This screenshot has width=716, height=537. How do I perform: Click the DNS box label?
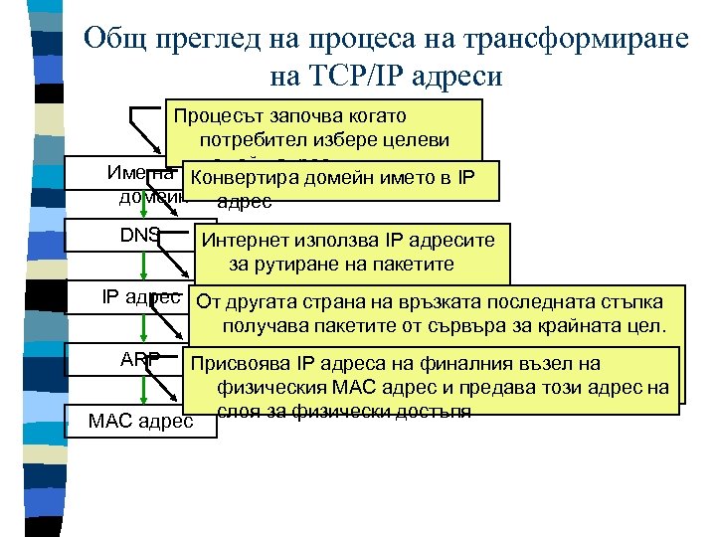pos(139,235)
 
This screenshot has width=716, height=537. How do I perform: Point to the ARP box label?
pos(140,359)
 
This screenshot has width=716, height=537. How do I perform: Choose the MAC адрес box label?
pos(140,421)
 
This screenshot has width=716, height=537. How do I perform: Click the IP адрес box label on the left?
pos(140,296)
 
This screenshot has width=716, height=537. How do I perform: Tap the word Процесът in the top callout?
pos(218,115)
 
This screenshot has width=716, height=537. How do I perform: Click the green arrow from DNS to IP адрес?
pos(140,267)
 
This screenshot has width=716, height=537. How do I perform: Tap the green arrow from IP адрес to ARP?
pos(140,328)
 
